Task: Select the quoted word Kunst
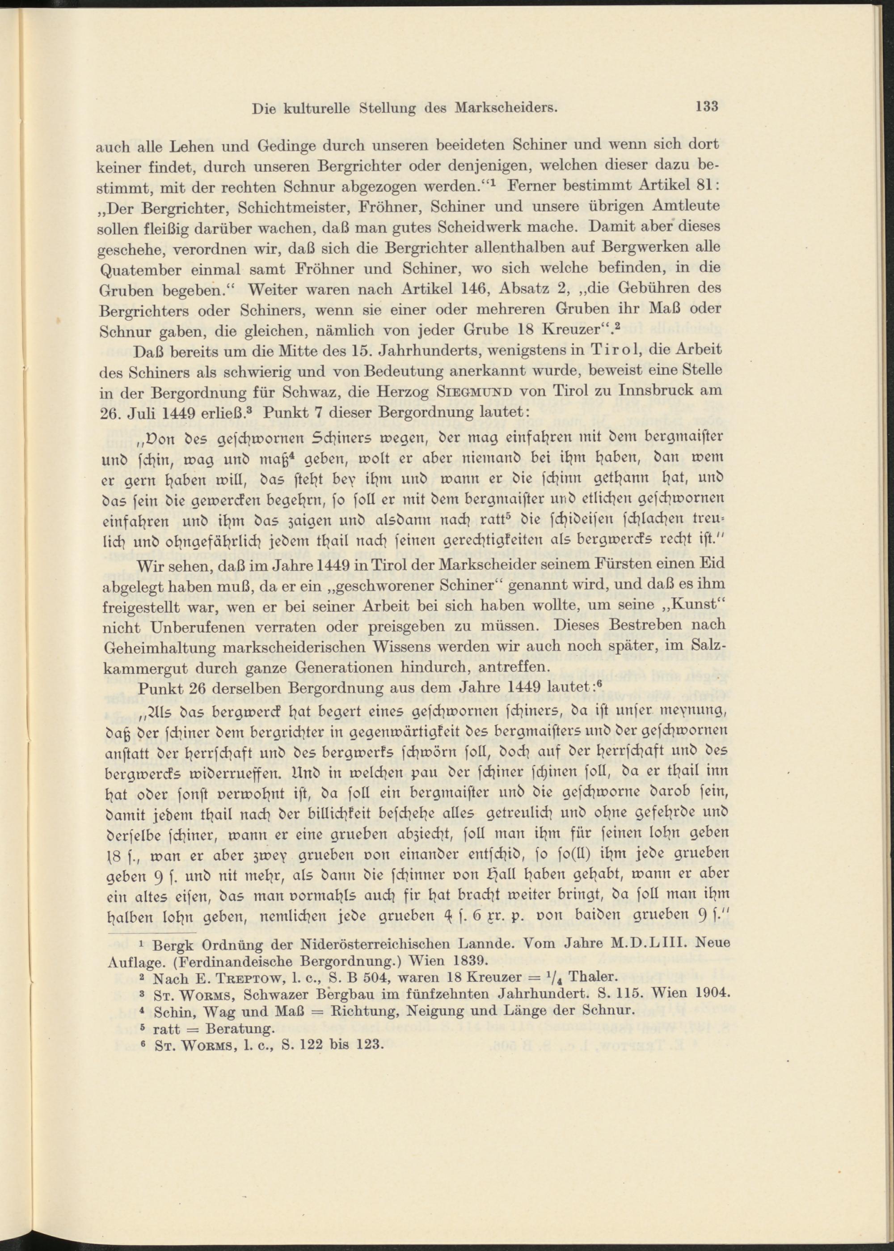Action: [x=696, y=605]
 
